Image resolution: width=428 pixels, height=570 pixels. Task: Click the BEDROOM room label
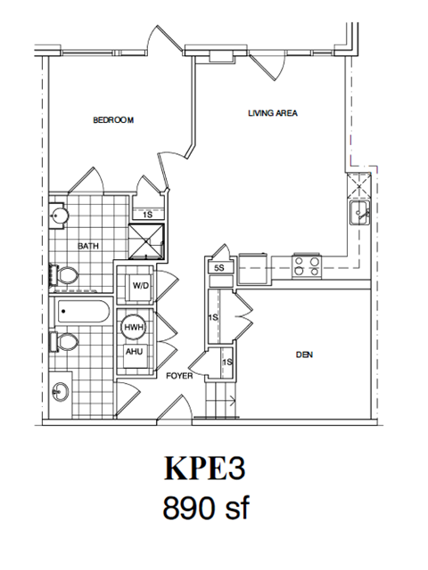tap(113, 120)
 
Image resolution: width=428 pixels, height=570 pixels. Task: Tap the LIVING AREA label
tap(272, 113)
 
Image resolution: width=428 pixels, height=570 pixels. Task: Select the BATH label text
tap(87, 246)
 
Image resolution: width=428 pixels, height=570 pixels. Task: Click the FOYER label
tap(180, 376)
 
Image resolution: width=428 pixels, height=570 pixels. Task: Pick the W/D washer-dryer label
tap(140, 286)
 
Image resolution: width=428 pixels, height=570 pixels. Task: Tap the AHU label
tap(133, 351)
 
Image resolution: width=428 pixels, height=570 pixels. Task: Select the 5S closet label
tap(218, 267)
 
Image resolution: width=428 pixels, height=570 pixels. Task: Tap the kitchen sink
tap(360, 213)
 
